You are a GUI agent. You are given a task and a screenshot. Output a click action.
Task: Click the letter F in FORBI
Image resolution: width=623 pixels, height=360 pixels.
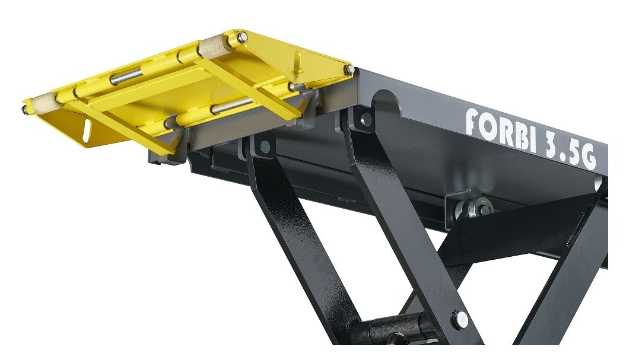point(473,121)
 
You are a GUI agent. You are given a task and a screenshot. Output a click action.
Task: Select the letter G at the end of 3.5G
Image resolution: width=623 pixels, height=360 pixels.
point(588,157)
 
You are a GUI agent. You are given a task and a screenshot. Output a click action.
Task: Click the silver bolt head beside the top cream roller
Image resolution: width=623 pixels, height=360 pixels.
point(241,37)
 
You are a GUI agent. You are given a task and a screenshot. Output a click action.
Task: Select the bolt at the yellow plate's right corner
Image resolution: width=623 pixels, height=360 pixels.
point(349,69)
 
